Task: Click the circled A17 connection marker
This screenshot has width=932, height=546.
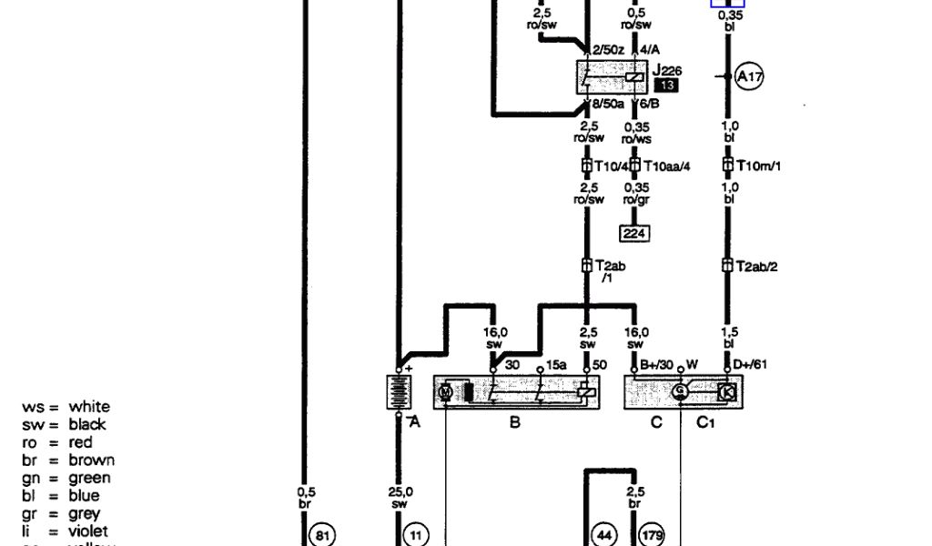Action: coord(749,77)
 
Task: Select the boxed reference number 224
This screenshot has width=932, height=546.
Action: coord(633,233)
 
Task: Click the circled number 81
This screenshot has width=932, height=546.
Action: coord(321,535)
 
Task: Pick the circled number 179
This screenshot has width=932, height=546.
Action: coord(653,535)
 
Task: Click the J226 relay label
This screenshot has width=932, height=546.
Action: coord(667,70)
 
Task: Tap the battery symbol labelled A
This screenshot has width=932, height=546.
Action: coord(399,392)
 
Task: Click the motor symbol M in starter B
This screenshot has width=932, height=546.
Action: coord(446,392)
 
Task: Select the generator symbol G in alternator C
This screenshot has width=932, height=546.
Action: coord(680,392)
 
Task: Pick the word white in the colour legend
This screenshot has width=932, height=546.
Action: coord(89,407)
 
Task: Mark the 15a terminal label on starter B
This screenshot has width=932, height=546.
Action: coord(556,366)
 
